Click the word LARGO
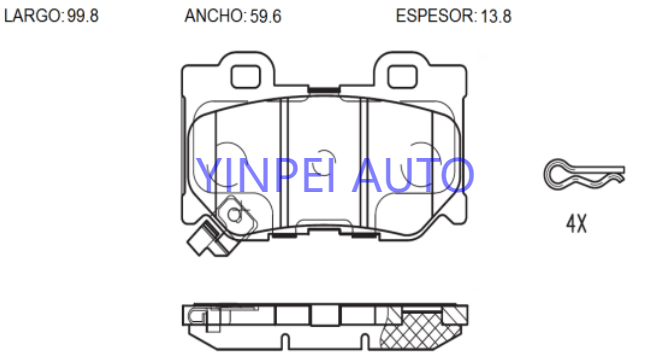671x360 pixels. (32, 16)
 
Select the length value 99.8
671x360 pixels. (83, 16)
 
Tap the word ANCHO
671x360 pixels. (214, 16)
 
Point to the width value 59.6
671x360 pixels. (266, 16)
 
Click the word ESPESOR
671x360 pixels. (434, 16)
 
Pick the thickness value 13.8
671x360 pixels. (496, 16)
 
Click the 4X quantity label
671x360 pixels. (576, 223)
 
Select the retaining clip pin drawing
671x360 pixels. (584, 174)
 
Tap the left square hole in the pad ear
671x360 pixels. (246, 77)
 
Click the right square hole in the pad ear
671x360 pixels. (402, 77)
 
